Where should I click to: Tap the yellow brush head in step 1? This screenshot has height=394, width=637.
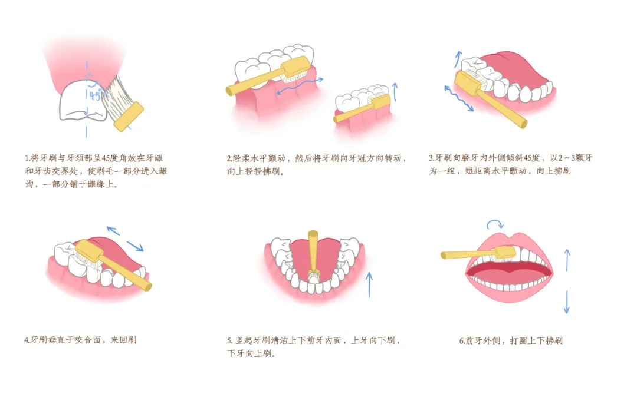click(129, 116)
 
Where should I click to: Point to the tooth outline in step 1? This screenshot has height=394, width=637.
click(83, 101)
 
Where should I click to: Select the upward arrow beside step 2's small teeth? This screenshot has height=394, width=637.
click(395, 92)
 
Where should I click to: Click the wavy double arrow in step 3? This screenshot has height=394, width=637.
click(459, 98)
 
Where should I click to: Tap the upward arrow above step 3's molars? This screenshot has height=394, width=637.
click(458, 59)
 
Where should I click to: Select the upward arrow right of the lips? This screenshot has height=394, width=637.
click(567, 260)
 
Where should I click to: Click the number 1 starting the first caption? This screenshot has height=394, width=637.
click(27, 158)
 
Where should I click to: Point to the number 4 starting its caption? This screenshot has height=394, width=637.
click(27, 340)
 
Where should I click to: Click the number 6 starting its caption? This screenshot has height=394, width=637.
click(461, 341)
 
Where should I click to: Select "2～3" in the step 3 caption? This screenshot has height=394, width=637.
click(568, 158)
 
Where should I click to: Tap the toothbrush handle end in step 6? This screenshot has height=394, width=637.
click(444, 255)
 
